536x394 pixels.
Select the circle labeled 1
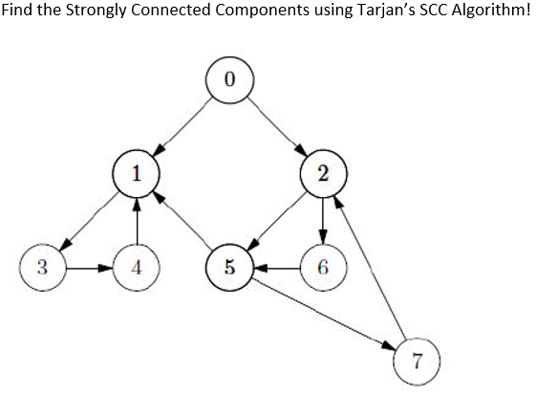(x=136, y=172)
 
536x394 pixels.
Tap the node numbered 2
(x=323, y=172)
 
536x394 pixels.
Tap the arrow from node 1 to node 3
(x=89, y=219)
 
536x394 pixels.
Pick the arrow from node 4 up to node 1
(x=136, y=219)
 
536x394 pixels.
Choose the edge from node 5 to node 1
(x=182, y=219)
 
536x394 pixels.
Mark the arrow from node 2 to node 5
(x=276, y=219)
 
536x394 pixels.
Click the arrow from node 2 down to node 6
(x=323, y=219)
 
